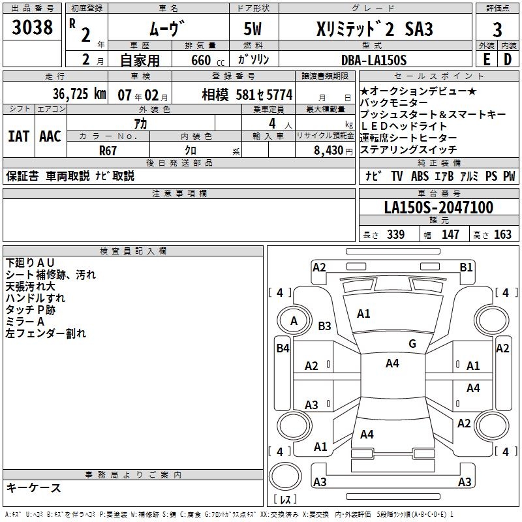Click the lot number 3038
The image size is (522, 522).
pos(33,28)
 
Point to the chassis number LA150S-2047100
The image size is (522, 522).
pos(438,207)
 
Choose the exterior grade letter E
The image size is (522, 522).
pos(486,60)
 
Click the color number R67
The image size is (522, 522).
pos(108,149)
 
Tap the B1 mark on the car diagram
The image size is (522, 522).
pos(466,267)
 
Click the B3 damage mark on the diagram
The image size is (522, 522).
pos(324,326)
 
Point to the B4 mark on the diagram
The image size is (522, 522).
pos(283,348)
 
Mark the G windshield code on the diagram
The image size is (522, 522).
pos(412,344)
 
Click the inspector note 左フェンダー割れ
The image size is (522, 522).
pos(46,333)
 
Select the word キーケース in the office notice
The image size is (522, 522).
pos(33,487)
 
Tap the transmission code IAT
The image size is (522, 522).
pos(18,136)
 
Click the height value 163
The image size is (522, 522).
pos(502,235)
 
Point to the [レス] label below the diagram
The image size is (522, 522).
pos(284,499)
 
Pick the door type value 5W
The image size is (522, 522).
pos(254,30)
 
